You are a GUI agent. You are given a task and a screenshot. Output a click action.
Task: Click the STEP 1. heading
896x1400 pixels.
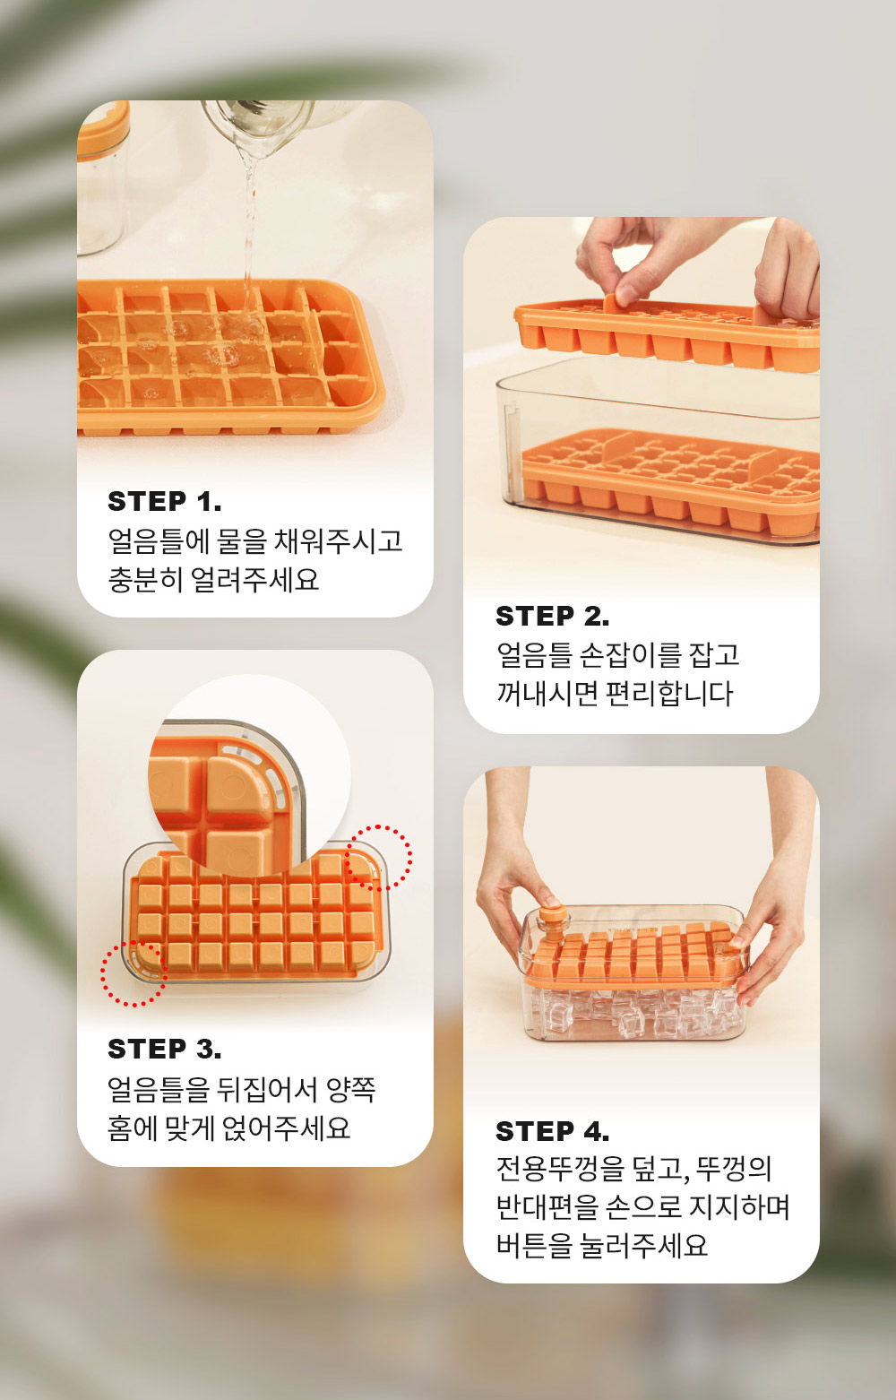(x=164, y=501)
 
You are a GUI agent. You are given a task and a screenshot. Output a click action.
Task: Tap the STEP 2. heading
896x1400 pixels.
(x=552, y=617)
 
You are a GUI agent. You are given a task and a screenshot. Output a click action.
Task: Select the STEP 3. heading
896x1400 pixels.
(x=164, y=1049)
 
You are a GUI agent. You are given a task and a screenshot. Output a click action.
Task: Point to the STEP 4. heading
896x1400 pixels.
(x=552, y=1131)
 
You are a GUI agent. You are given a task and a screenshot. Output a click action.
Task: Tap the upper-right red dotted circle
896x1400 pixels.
(x=379, y=858)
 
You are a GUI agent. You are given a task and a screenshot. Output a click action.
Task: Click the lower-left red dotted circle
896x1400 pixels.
(x=134, y=973)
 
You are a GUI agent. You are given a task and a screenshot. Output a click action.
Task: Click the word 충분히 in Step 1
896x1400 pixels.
(x=145, y=580)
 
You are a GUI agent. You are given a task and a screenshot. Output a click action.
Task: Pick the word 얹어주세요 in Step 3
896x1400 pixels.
(x=286, y=1128)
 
